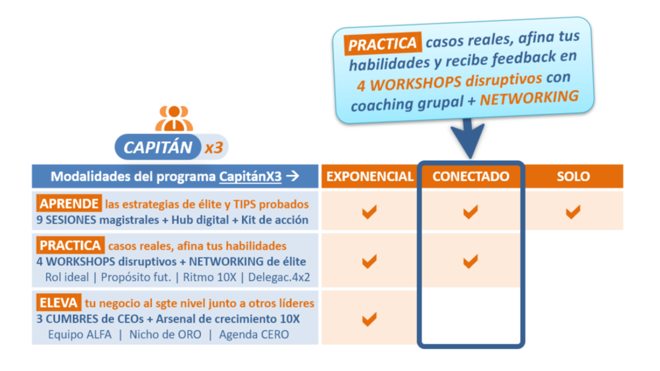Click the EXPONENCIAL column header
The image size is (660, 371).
(x=370, y=177)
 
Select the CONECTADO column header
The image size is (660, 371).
(x=470, y=177)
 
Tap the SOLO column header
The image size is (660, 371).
(x=573, y=177)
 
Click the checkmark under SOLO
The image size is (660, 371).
(x=573, y=211)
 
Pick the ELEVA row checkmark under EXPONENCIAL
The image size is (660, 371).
(x=369, y=319)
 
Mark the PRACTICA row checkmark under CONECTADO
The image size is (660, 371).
(x=470, y=261)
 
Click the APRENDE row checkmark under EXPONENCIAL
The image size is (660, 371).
(x=369, y=211)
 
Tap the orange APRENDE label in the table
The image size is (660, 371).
(x=69, y=204)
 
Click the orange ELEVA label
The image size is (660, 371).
(x=58, y=303)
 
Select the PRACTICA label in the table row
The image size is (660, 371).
(x=70, y=245)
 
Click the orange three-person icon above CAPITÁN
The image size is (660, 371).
(x=174, y=119)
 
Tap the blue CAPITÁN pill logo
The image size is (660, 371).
(x=158, y=147)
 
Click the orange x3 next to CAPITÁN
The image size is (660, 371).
(x=213, y=148)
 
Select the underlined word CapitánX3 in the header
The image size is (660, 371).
(x=250, y=177)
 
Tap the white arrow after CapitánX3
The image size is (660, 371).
(x=293, y=177)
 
